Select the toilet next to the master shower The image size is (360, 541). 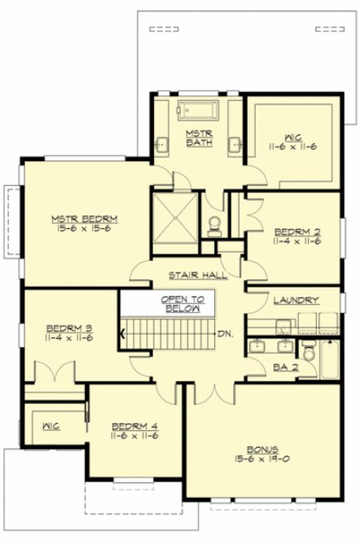[214, 223]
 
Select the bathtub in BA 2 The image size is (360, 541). [330, 359]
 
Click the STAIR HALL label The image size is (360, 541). [198, 275]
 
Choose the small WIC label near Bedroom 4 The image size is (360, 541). [47, 424]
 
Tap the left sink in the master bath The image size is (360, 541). [162, 145]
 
